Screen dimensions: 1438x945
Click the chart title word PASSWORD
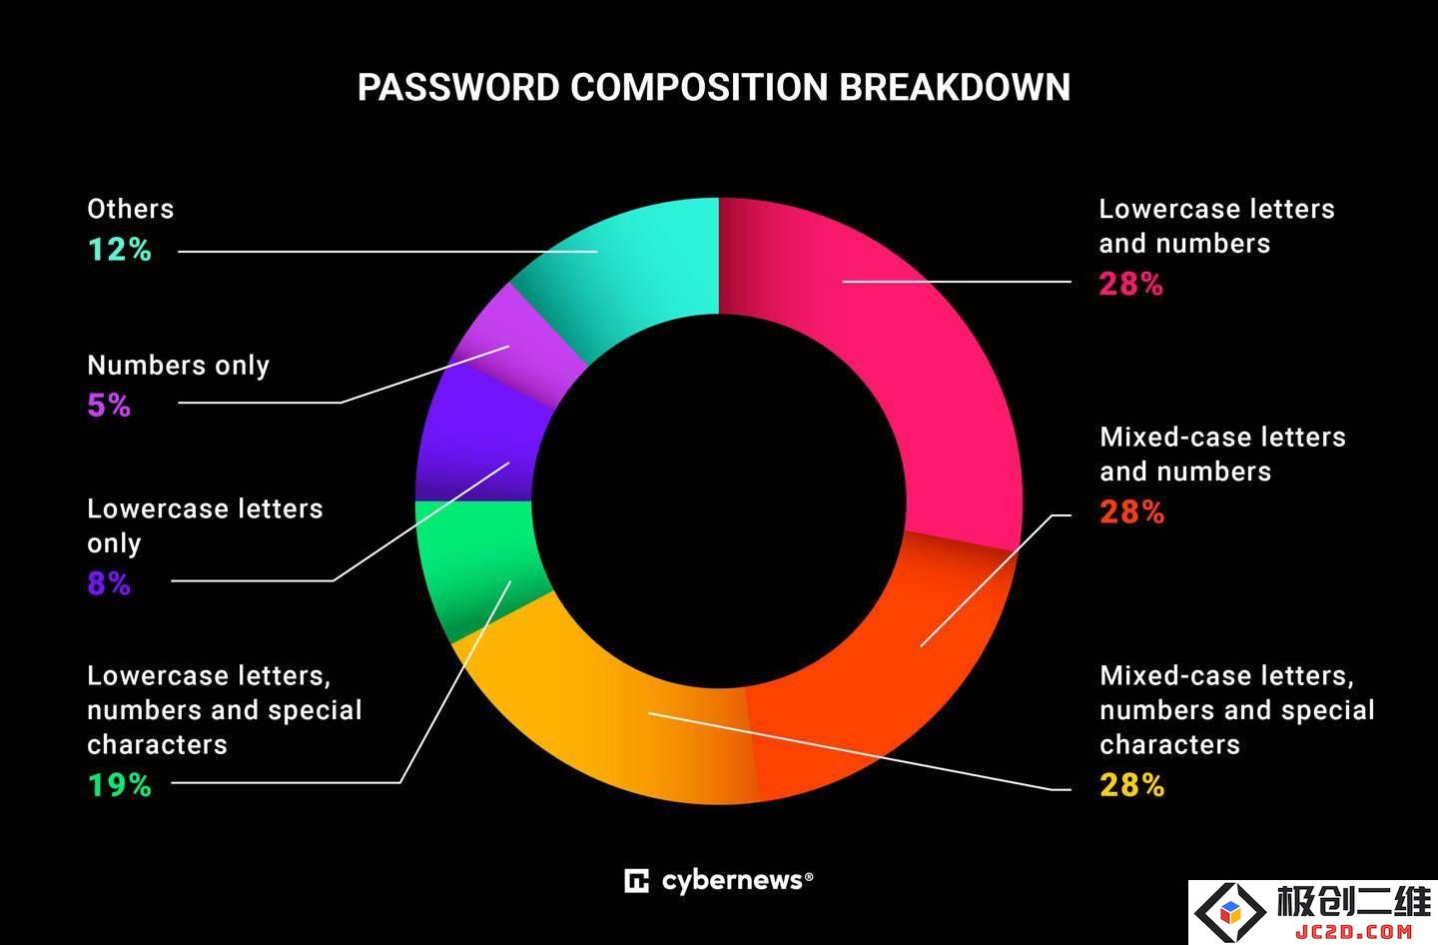[458, 87]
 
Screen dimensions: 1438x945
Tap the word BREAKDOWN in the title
[955, 87]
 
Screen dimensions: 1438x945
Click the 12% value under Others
[120, 249]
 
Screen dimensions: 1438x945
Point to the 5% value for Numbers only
[109, 406]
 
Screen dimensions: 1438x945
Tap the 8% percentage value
[109, 583]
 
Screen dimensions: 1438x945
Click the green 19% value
[120, 784]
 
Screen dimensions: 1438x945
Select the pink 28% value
[1131, 284]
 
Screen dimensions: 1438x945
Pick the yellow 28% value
[1131, 784]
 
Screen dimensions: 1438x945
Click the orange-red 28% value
[1131, 511]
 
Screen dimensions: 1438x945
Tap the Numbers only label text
[179, 366]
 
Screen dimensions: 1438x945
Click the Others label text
[130, 210]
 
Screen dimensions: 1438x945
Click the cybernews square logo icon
[636, 881]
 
